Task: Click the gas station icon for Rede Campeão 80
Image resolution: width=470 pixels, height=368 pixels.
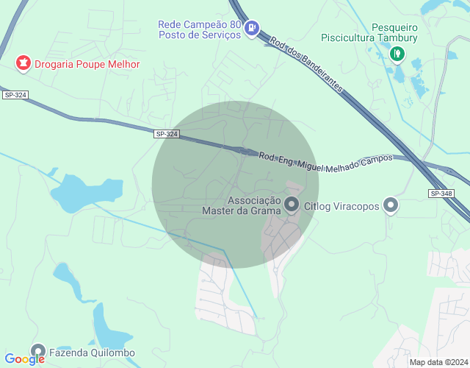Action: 252,29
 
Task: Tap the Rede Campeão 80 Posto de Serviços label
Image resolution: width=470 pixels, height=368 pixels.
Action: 199,29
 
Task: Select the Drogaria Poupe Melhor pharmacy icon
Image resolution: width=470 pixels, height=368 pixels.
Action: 23,64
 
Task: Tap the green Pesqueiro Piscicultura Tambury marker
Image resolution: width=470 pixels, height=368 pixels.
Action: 397,53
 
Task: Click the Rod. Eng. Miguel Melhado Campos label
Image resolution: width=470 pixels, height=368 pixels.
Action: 325,158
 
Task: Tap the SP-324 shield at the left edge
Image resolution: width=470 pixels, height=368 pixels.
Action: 14,95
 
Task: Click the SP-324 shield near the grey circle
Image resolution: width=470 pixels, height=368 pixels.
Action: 167,134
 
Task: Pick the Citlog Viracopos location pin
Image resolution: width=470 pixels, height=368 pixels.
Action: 391,206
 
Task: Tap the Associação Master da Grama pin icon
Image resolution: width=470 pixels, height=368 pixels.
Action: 292,205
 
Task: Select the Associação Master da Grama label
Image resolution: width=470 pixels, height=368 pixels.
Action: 242,205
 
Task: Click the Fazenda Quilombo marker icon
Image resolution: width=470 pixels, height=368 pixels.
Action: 38,352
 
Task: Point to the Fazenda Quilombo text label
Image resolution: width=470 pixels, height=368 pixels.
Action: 92,353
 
